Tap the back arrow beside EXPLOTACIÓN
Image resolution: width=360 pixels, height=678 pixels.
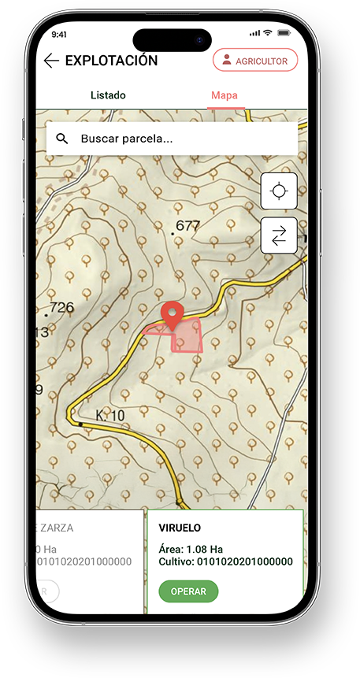51,61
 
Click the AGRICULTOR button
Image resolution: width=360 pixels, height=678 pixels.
255,61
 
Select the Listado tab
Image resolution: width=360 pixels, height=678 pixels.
108,95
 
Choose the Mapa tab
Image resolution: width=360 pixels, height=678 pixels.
224,95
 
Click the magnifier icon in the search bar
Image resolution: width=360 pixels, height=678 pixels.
62,139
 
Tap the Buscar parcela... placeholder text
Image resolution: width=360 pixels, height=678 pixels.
127,139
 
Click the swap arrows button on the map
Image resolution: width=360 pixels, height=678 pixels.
279,235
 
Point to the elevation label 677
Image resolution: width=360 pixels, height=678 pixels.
187,226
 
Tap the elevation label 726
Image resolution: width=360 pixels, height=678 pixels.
61,307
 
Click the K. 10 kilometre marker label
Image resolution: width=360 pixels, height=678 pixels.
110,415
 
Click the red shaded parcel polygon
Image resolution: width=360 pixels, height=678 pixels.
187,337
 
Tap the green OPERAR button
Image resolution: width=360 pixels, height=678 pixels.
188,591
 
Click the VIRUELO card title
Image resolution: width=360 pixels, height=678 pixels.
180,528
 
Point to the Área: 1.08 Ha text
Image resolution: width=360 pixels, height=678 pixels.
191,549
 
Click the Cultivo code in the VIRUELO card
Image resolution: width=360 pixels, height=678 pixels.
225,561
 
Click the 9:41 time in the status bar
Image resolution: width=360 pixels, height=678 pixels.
59,35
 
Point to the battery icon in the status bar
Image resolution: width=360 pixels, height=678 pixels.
285,33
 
